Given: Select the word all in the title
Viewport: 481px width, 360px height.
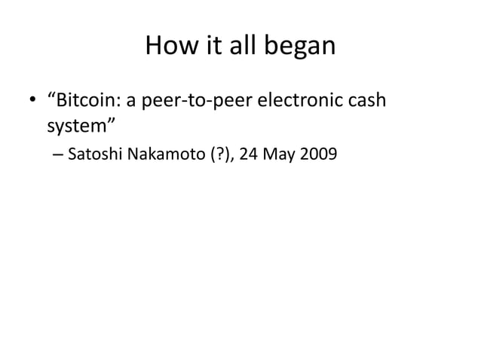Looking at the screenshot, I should pyautogui.click(x=241, y=47).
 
